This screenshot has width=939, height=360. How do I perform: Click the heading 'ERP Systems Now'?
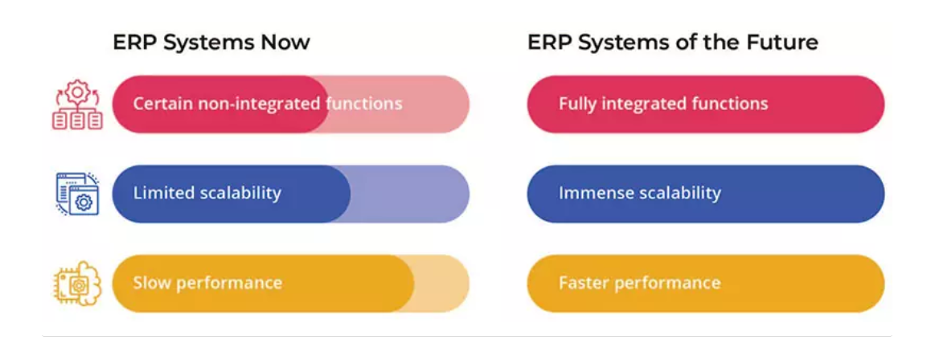[211, 43]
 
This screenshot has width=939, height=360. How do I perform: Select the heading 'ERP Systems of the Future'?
[673, 43]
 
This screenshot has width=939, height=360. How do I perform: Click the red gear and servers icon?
[77, 105]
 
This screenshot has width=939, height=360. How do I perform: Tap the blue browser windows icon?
[77, 194]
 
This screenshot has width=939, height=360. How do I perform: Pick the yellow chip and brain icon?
[77, 284]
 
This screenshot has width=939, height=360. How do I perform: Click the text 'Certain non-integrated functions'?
[268, 104]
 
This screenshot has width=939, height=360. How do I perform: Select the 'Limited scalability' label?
[207, 193]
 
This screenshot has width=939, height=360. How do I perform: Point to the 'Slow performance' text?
[207, 282]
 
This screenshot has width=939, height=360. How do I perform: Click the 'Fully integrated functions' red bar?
[705, 104]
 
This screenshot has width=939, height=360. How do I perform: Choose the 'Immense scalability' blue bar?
[705, 194]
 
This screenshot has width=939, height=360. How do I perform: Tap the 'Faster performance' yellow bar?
[705, 284]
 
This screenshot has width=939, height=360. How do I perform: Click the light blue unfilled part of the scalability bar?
[411, 194]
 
